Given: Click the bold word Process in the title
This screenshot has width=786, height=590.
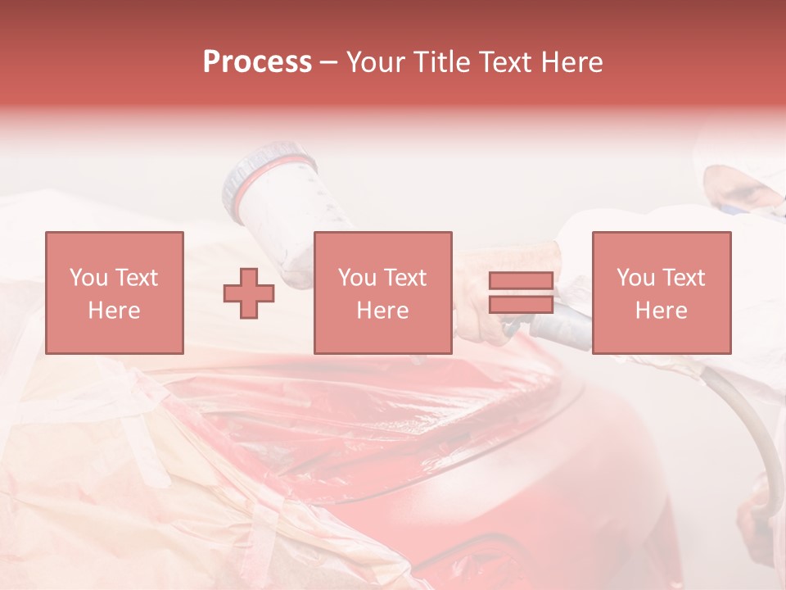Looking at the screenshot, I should [x=257, y=62].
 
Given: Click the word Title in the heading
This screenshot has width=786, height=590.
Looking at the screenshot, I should [x=438, y=62].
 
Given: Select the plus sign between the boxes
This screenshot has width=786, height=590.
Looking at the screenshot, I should [x=249, y=293].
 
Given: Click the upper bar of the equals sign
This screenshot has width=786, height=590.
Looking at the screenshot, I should [x=521, y=281].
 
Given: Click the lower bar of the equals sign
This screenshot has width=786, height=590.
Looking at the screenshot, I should [x=521, y=304].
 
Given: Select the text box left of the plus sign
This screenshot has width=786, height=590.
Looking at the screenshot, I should [x=114, y=293].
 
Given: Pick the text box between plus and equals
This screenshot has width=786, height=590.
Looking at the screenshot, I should [x=382, y=293].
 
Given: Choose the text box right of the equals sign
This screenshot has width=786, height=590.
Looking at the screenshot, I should [x=661, y=293].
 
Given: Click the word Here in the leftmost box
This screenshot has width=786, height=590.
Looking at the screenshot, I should [x=114, y=311].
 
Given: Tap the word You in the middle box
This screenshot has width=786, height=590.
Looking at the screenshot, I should [x=357, y=278].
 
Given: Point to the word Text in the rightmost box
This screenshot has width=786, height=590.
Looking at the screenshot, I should [x=682, y=278].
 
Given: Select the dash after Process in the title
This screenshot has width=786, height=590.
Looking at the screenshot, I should [x=328, y=62].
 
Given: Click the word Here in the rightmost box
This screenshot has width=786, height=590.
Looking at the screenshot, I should [x=661, y=311].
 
